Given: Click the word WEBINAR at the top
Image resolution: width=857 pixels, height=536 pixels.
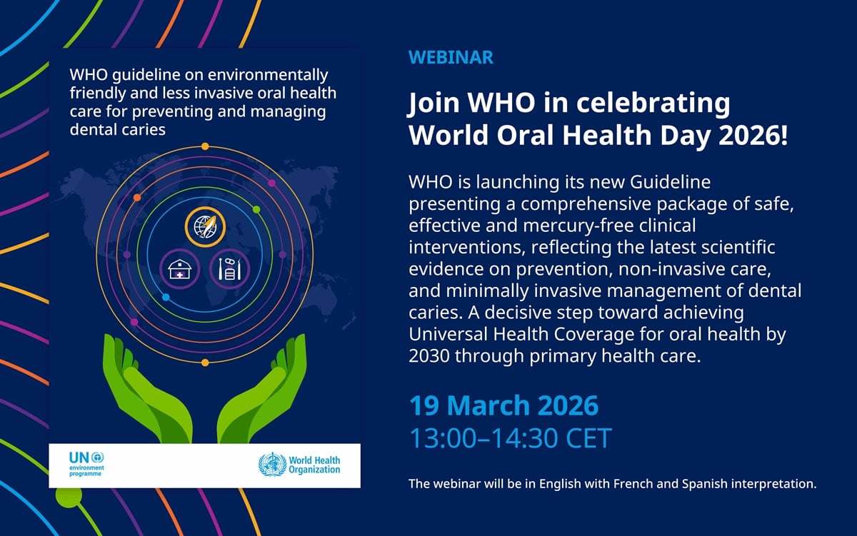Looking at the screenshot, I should (451, 58).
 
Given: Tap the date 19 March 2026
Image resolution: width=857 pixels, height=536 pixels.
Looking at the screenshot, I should (503, 405).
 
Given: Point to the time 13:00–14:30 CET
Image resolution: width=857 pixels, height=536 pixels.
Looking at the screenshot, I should (510, 438).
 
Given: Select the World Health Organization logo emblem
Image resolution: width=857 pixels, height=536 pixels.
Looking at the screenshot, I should (271, 465).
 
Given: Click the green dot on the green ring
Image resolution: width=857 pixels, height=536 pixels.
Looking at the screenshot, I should (256, 209).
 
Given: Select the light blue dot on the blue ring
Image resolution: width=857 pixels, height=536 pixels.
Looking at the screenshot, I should (166, 297).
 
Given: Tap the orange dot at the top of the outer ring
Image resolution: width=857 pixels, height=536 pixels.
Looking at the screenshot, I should (205, 146).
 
